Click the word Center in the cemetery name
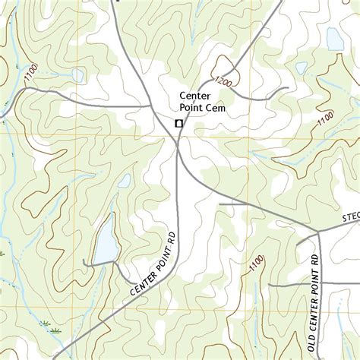pyautogui.click(x=195, y=96)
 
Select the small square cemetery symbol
pyautogui.click(x=178, y=123)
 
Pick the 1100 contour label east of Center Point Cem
pyautogui.click(x=325, y=120)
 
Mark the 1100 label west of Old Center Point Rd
pyautogui.click(x=256, y=264)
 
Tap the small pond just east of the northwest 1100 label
pyautogui.click(x=77, y=75)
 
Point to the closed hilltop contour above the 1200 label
pyautogui.click(x=225, y=64)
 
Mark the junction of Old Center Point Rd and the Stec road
pyautogui.click(x=318, y=229)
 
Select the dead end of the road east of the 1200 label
pyautogui.click(x=287, y=90)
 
